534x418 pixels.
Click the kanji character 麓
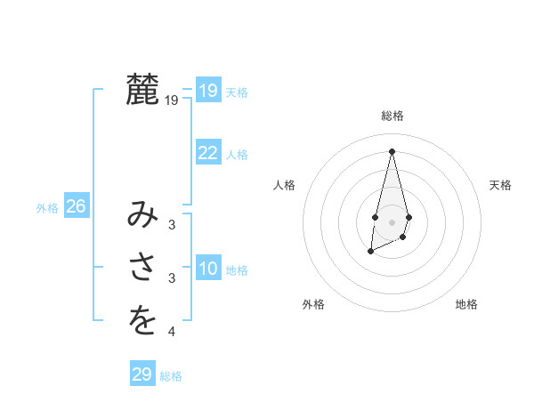coord(143,91)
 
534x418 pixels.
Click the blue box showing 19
coord(208,91)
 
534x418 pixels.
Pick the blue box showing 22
coord(208,153)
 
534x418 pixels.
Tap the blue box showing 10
coord(208,269)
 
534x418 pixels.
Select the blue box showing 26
coord(76,206)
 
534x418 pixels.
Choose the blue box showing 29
coord(142,374)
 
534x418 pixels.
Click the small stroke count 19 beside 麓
coord(172,101)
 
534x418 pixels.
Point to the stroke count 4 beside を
coord(172,333)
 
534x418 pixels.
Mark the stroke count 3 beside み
coord(172,226)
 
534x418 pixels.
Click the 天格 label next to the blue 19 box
coord(237,92)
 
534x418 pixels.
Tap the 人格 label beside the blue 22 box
coord(237,155)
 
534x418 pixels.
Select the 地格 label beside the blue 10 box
coord(237,270)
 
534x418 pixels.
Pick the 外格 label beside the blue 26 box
coord(47,208)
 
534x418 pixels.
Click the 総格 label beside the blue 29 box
coord(171,376)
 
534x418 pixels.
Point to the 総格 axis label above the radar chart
coord(392,116)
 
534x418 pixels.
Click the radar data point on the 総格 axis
coord(392,151)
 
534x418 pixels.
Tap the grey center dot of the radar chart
coord(392,222)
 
